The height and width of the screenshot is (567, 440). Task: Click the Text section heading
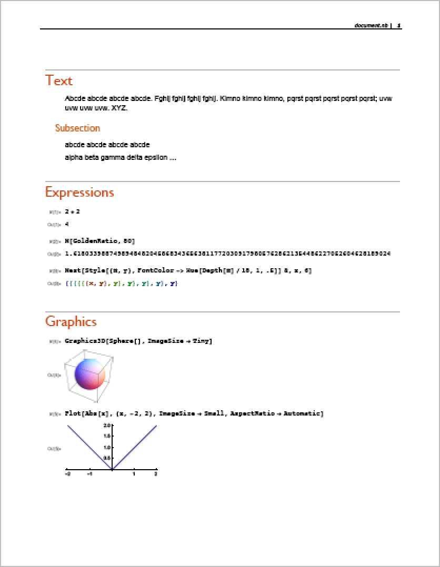pyautogui.click(x=59, y=80)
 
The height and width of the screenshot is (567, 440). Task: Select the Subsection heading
pyautogui.click(x=77, y=128)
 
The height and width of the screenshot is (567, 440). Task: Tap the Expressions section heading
pyautogui.click(x=79, y=192)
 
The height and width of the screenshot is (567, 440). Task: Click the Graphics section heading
pyautogui.click(x=71, y=321)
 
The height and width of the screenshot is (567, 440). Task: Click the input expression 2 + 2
pyautogui.click(x=72, y=211)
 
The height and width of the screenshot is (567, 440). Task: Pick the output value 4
pyautogui.click(x=67, y=224)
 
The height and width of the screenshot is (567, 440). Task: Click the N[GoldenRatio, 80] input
pyautogui.click(x=99, y=241)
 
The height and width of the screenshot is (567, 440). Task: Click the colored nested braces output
pyautogui.click(x=122, y=283)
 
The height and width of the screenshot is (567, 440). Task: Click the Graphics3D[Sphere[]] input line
pyautogui.click(x=138, y=341)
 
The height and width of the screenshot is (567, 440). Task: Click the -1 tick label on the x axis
pyautogui.click(x=90, y=474)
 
